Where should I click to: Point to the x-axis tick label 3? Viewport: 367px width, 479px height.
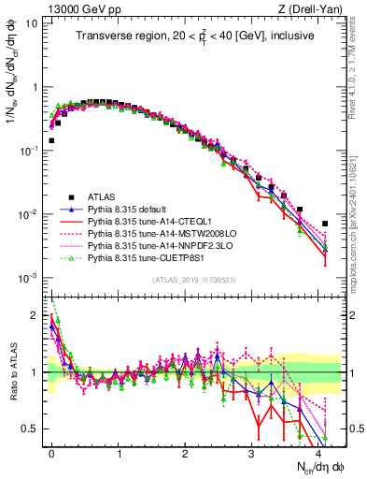click(252, 450)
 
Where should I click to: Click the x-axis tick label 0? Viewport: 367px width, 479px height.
click(51, 450)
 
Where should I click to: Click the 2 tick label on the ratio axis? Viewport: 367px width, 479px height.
click(36, 315)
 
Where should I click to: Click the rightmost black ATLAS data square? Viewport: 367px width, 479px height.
click(325, 224)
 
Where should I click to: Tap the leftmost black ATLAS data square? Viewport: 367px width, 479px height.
click(51, 140)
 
